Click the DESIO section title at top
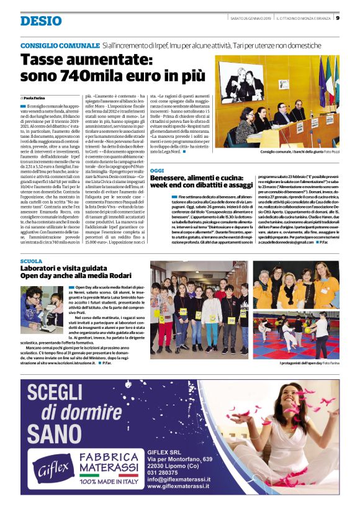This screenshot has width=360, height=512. [41, 20]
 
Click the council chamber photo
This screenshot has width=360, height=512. [277, 101]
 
